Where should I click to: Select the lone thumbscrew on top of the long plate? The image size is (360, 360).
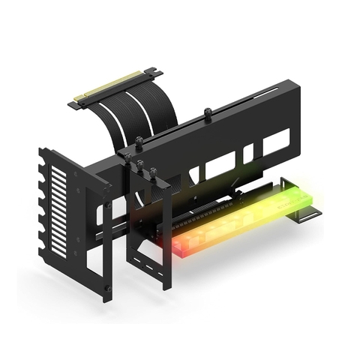click(x=208, y=115)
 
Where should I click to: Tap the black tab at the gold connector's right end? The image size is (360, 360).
click(x=155, y=73)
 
